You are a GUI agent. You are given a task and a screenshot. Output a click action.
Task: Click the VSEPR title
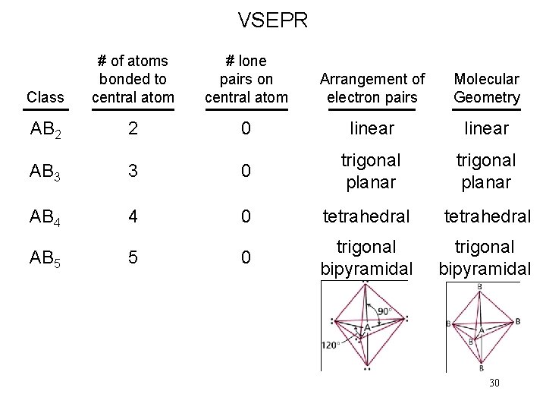click(x=273, y=20)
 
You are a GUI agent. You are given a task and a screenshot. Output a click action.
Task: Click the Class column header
click(x=45, y=97)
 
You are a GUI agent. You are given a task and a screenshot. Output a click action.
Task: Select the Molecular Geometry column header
click(x=487, y=88)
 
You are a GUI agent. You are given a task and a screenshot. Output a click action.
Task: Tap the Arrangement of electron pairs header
click(x=372, y=88)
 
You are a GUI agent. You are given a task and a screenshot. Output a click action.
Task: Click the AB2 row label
click(x=45, y=129)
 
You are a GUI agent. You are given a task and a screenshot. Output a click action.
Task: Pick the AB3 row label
click(x=45, y=172)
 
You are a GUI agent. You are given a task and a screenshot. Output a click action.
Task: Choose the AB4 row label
click(x=45, y=216)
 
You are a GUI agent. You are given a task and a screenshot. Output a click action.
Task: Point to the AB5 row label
click(x=45, y=258)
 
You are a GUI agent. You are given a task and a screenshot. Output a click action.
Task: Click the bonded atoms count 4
click(x=133, y=216)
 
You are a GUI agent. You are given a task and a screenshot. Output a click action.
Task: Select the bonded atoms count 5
click(x=133, y=257)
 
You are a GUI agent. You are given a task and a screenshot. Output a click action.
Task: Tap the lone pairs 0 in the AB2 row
click(x=246, y=128)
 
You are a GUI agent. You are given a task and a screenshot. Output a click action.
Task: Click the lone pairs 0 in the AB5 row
click(x=246, y=257)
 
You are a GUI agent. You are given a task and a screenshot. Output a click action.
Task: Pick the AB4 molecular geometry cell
click(x=487, y=216)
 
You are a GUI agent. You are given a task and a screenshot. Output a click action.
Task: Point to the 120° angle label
click(x=329, y=344)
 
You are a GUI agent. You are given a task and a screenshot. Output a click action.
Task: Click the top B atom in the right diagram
click(x=479, y=286)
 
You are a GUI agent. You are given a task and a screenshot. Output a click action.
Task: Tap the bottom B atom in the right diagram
click(x=481, y=369)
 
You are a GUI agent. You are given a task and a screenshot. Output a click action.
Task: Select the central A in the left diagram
click(x=367, y=327)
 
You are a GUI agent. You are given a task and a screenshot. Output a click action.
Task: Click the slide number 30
click(x=494, y=383)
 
